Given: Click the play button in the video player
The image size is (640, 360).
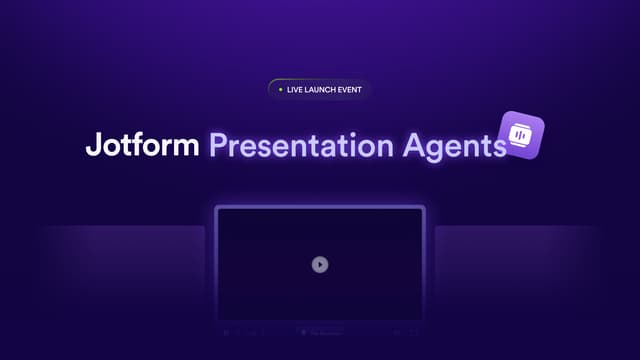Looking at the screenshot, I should click(319, 264).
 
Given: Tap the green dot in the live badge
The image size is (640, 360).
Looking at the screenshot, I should click(280, 89).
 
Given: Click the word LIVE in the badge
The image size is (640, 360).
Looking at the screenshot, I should click(295, 89).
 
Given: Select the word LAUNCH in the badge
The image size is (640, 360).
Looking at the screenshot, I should click(322, 89).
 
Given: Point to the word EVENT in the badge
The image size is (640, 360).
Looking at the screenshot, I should click(350, 89).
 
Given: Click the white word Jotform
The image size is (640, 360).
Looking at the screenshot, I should click(143, 146).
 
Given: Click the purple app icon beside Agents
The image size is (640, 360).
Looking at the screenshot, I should click(521, 134).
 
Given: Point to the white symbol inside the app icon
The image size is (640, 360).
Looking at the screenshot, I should click(521, 134).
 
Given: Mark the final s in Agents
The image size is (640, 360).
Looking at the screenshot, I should click(500, 148).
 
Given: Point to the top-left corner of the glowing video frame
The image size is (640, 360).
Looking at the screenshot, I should click(216, 207).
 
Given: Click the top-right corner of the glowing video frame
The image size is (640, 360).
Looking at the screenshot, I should click(424, 207).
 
